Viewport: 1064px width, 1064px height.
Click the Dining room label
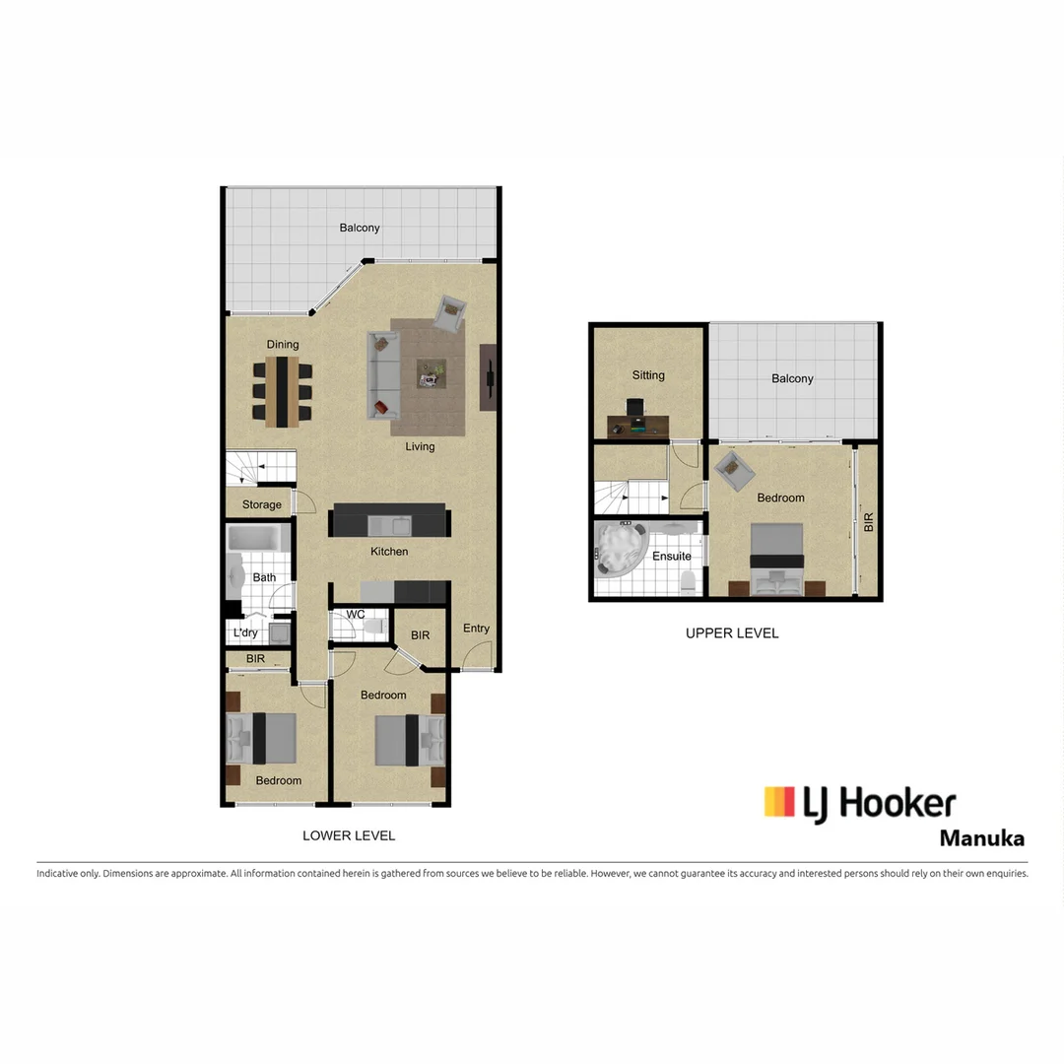(283, 345)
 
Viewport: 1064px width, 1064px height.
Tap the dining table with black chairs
(282, 391)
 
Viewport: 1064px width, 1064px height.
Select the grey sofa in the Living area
(382, 374)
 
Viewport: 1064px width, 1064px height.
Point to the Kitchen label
(389, 552)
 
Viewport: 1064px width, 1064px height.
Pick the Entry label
(476, 629)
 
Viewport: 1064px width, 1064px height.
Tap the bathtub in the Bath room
(258, 538)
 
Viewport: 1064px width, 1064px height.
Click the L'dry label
(245, 632)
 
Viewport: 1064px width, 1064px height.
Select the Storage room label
(262, 504)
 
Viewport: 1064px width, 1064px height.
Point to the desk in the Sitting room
(637, 425)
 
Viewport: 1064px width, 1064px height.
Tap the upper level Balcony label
(793, 378)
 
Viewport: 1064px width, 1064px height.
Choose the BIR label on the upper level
(868, 522)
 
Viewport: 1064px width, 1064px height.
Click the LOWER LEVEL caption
(349, 835)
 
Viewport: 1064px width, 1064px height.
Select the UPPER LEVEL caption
(732, 633)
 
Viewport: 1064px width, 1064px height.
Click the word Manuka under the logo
(981, 839)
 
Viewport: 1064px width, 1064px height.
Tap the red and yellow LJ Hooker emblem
(779, 802)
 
